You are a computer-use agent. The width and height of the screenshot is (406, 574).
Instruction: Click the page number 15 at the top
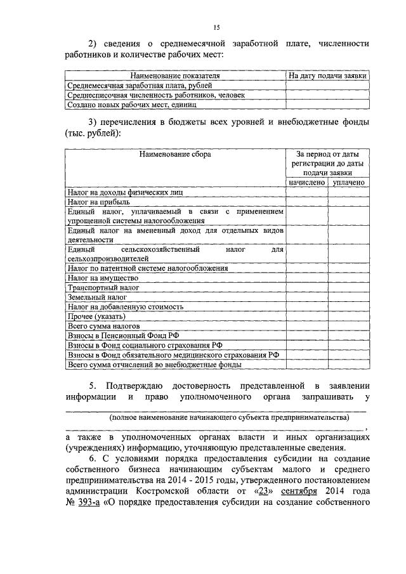click(x=216, y=27)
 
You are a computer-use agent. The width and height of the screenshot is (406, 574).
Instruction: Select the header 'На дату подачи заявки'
click(x=327, y=75)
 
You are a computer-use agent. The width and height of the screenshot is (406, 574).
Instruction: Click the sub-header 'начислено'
click(x=306, y=183)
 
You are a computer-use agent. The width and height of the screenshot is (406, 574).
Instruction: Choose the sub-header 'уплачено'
click(x=348, y=183)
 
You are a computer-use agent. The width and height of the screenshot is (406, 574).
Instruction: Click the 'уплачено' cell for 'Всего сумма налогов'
click(x=348, y=326)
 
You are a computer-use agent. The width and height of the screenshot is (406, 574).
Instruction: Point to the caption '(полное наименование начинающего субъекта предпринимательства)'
click(x=229, y=418)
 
